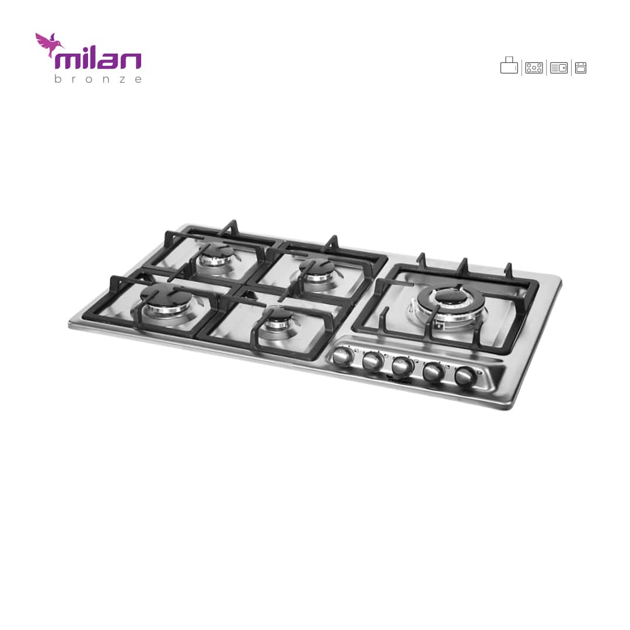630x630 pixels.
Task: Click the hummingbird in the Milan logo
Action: pos(47,43)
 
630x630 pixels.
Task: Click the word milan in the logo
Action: pos(98,61)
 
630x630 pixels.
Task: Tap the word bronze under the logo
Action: pos(98,79)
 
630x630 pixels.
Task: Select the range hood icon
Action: pos(509,65)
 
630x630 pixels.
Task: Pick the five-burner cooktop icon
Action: pos(534,68)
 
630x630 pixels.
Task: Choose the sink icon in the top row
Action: pos(558,68)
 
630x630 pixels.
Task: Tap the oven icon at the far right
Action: pos(580,68)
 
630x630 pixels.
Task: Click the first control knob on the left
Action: pos(343,357)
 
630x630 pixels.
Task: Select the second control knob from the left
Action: pos(372,362)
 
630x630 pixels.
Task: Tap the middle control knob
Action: pos(402,366)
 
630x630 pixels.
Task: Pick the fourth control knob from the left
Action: pos(433,371)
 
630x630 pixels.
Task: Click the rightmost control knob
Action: pos(465,376)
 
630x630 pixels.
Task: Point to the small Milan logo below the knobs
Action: pos(399,380)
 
